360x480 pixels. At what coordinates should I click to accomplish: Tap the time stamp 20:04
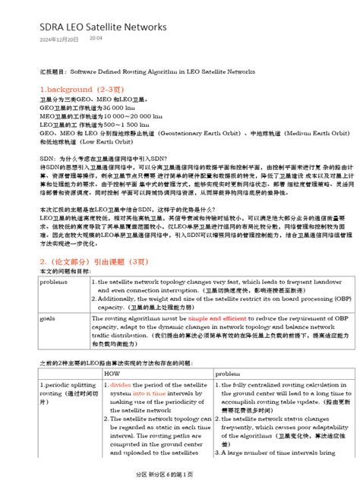pyautogui.click(x=96, y=37)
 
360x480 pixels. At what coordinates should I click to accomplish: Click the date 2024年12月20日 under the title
pyautogui.click(x=58, y=38)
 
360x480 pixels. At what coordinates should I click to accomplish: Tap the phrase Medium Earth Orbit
pyautogui.click(x=317, y=132)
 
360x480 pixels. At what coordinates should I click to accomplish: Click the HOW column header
pyautogui.click(x=112, y=374)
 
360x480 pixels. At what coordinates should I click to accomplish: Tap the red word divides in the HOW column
pyautogui.click(x=121, y=384)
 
